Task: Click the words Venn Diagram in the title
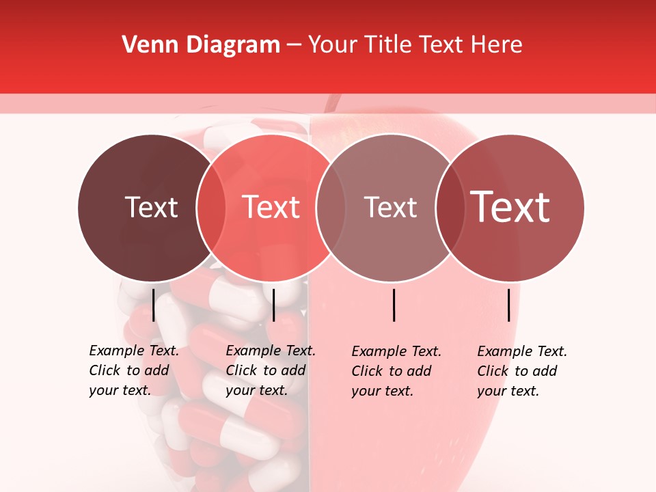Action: (x=201, y=45)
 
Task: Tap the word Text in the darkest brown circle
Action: (x=151, y=208)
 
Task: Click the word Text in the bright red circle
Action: (x=271, y=208)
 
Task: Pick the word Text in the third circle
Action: (x=390, y=208)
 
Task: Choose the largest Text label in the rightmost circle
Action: (x=510, y=208)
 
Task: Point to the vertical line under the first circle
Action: (x=154, y=305)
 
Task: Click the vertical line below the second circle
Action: (x=273, y=305)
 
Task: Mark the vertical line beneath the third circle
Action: (x=394, y=305)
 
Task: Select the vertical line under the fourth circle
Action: (x=509, y=305)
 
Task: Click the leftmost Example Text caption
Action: (x=133, y=370)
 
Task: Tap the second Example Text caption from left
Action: (x=270, y=370)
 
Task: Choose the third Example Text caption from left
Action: (x=396, y=371)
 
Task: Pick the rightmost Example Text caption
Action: (x=521, y=371)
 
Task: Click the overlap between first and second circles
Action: (x=211, y=208)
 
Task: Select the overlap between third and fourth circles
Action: (x=448, y=208)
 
